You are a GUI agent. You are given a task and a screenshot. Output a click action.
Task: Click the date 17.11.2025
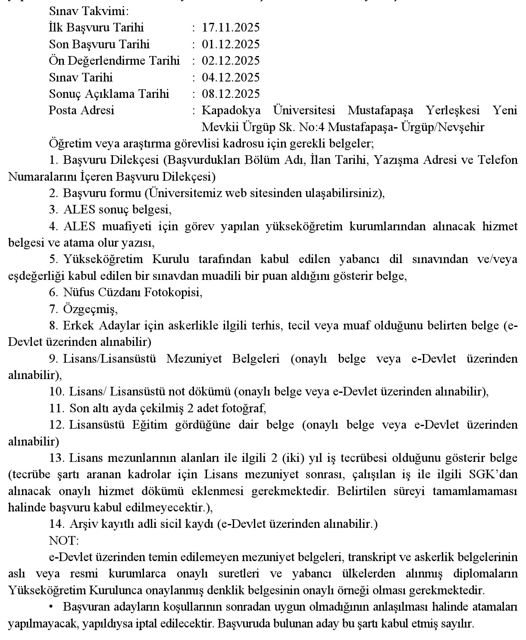point(231,28)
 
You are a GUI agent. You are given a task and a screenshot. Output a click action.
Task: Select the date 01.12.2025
point(231,44)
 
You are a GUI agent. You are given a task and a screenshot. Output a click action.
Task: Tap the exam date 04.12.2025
point(231,78)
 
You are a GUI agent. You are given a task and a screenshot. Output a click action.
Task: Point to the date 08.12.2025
point(231,94)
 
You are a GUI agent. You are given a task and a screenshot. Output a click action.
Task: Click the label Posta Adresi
point(81,110)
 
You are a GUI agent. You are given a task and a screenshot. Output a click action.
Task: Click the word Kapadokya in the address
point(231,110)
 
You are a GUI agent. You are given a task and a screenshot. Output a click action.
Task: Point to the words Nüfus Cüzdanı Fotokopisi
point(132,292)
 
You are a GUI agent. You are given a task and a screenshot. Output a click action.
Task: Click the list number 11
point(56,408)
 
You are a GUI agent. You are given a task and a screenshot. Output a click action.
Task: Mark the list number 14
point(56,524)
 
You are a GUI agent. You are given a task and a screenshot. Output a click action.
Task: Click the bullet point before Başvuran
point(51,607)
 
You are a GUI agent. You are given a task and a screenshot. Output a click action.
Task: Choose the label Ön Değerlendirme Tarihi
point(114,61)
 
